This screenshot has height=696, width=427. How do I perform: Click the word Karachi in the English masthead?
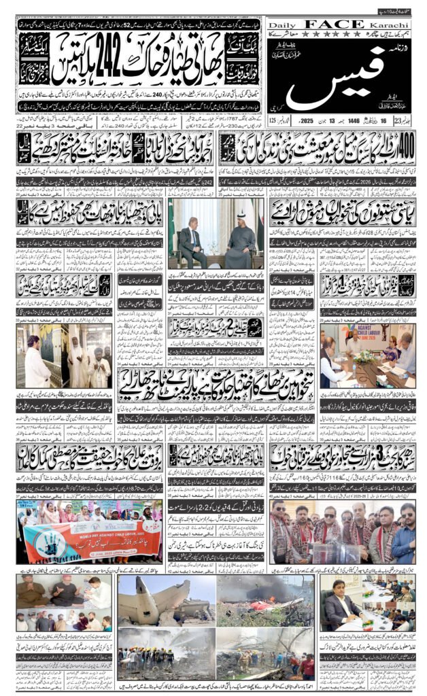coord(395,24)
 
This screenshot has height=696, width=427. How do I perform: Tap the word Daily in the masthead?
coord(282,24)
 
